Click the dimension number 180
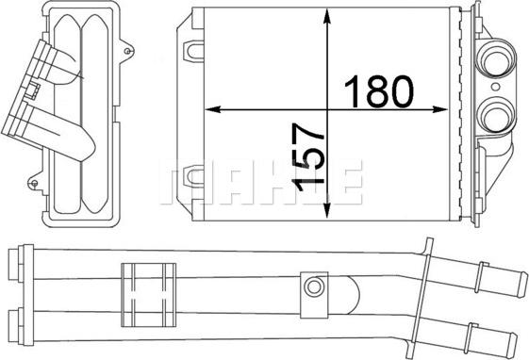click(380, 90)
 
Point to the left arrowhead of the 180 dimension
click(211, 110)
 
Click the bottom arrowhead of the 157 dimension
click(326, 209)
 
